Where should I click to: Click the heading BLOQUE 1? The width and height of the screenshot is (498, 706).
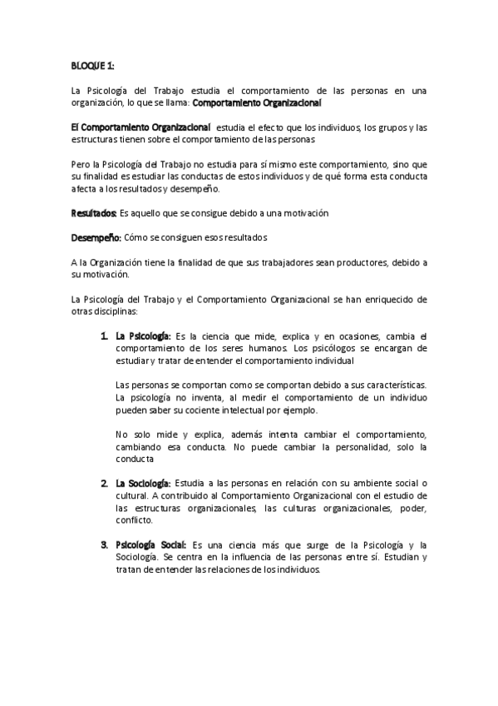[92, 65]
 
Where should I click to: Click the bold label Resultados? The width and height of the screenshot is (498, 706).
[93, 213]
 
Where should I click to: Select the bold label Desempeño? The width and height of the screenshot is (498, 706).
[96, 237]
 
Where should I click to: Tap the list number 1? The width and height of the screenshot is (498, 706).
[105, 336]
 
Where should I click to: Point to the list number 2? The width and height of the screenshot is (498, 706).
[105, 484]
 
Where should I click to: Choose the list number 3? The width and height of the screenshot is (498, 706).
[105, 545]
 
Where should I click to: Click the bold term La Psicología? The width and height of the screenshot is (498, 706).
[144, 336]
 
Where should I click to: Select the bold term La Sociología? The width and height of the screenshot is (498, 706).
[144, 484]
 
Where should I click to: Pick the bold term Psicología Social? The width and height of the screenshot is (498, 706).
[151, 545]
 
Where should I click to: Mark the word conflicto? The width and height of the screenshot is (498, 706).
[135, 520]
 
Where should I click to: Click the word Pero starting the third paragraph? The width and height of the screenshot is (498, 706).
[80, 164]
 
